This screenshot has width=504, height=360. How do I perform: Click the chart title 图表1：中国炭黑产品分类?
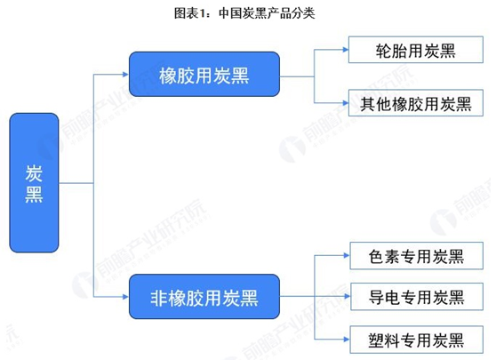(244, 13)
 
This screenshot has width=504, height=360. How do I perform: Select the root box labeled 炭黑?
(34, 182)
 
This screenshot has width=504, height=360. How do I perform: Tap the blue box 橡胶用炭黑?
(204, 75)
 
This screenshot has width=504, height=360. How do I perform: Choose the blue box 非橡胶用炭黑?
(204, 296)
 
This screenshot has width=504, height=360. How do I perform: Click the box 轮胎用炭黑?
(416, 50)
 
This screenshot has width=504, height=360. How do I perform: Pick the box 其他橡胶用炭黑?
(416, 103)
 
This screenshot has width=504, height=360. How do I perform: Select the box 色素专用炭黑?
(416, 256)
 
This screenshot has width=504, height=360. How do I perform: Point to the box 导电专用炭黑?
(417, 296)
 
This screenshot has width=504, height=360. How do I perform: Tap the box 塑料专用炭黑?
(416, 340)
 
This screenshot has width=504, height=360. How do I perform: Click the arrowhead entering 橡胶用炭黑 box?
(125, 75)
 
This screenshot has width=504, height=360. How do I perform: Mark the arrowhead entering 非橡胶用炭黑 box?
(125, 297)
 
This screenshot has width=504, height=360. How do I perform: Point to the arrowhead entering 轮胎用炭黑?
(346, 50)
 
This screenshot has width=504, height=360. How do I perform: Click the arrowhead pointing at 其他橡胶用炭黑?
(346, 103)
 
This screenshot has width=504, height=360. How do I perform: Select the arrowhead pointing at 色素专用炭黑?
(347, 255)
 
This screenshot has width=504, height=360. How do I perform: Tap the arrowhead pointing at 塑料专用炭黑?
(347, 339)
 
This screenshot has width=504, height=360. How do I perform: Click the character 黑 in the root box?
(34, 195)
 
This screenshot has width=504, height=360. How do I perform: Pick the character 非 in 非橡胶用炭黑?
(159, 298)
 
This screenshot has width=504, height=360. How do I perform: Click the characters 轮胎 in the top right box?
(391, 51)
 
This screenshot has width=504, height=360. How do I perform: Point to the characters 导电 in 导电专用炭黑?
(384, 297)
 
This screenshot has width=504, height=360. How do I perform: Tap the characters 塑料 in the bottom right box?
(384, 340)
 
